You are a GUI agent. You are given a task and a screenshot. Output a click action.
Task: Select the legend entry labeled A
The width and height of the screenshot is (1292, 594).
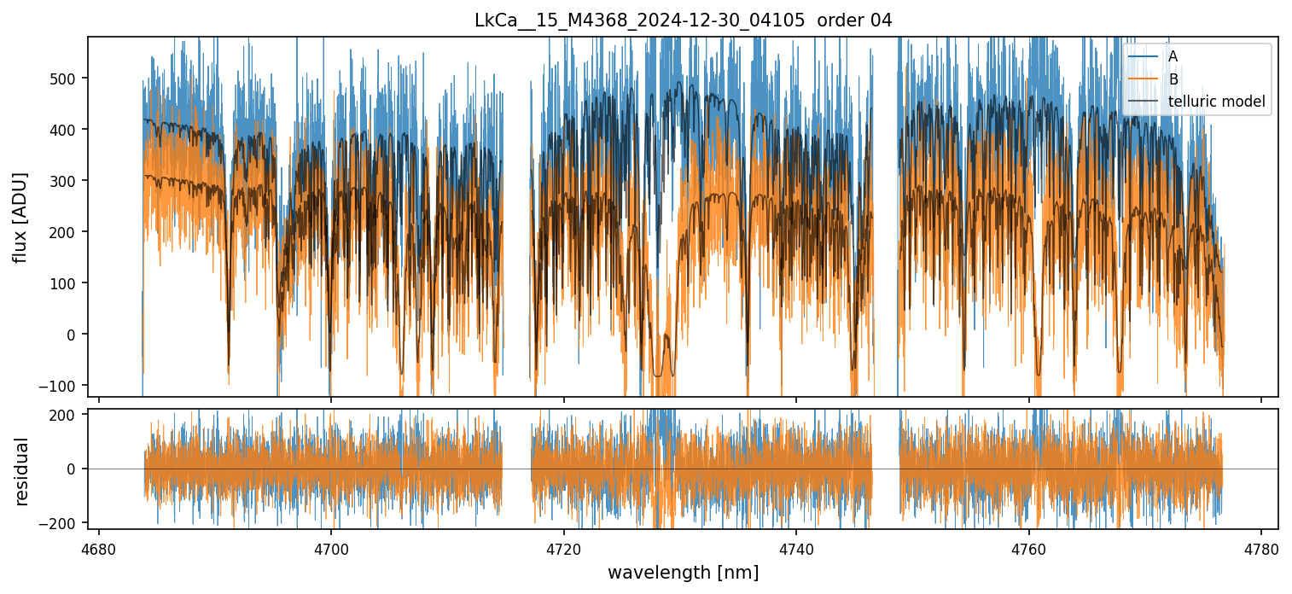click(1173, 56)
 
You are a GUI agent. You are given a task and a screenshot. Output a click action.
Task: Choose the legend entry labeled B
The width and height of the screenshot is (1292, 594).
click(1173, 79)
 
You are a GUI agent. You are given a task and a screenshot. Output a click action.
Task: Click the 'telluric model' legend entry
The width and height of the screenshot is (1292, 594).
click(1216, 103)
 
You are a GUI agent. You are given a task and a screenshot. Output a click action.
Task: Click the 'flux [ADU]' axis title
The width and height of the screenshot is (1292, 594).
click(20, 217)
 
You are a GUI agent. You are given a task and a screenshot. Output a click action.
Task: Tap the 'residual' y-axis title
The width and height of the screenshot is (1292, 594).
click(20, 471)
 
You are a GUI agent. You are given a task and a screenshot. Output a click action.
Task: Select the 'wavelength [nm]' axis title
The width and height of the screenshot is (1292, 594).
click(683, 573)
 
